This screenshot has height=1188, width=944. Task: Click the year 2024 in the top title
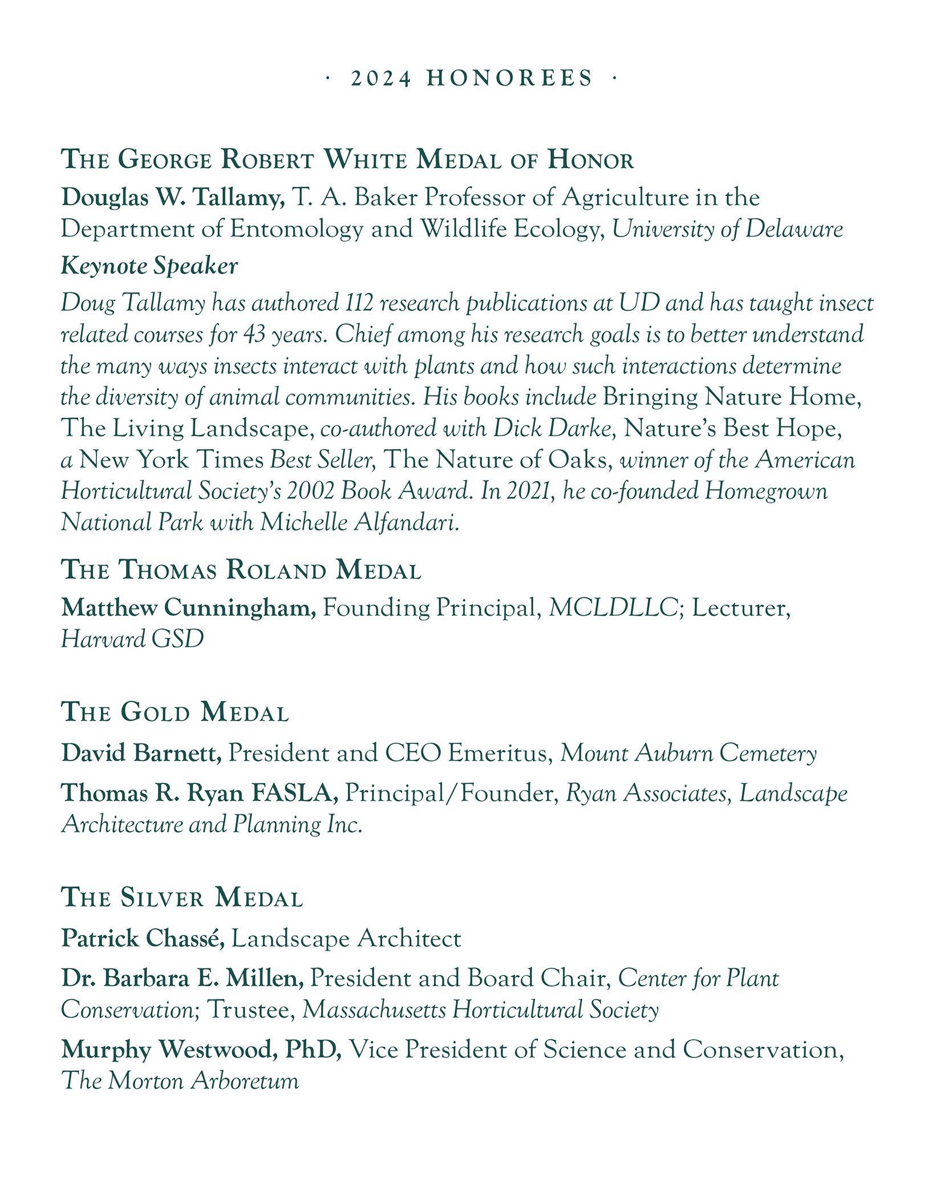[380, 78]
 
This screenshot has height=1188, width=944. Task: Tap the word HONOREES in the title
[510, 78]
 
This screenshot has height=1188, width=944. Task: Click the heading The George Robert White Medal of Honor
[347, 160]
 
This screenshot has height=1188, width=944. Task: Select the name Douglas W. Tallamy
[173, 198]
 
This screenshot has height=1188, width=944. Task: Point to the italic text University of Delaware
[727, 229]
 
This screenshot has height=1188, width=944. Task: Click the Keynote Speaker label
[149, 266]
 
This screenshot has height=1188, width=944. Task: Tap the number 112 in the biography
[359, 303]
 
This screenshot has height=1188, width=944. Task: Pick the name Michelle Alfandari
[359, 522]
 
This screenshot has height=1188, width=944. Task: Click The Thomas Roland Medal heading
[241, 571]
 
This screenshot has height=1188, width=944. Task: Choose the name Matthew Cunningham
[188, 608]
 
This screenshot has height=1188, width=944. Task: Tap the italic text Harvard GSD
[132, 640]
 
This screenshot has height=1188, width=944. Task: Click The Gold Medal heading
[175, 713]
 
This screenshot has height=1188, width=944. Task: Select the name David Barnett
[141, 754]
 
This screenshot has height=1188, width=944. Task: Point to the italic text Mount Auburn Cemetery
[688, 754]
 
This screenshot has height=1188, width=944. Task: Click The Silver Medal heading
[182, 898]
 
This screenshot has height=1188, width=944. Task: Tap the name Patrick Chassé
[143, 939]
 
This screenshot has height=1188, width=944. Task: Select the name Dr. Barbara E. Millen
[183, 979]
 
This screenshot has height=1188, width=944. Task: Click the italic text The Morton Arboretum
[180, 1081]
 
